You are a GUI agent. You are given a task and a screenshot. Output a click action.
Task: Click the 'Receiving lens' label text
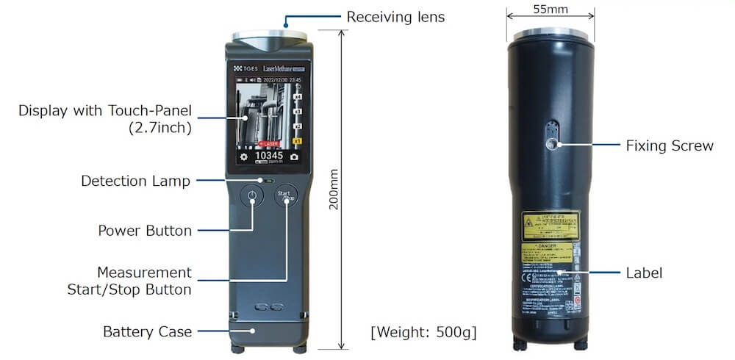[395, 16]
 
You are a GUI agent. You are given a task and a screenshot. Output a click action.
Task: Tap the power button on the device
[253, 198]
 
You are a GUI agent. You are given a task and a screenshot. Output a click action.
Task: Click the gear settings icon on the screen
[243, 157]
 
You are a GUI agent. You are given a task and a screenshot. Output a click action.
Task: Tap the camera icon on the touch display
[294, 157]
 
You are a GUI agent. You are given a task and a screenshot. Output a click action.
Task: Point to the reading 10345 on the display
[268, 156]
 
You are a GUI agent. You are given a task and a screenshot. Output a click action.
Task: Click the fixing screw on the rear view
[551, 144]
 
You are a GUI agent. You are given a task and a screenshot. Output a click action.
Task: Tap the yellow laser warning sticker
[550, 226]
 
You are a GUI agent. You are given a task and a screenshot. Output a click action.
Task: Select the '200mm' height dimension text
[334, 190]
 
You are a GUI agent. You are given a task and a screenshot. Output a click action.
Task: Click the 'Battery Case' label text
[147, 331]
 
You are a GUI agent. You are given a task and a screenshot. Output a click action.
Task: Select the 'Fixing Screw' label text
[669, 145]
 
